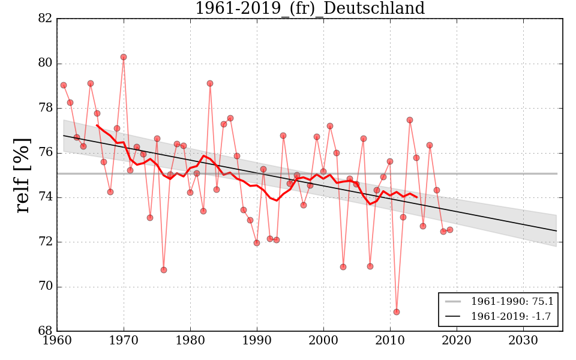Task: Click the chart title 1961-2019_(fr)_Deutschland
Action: click(x=310, y=9)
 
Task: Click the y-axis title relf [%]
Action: click(x=22, y=175)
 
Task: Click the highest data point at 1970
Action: click(x=124, y=57)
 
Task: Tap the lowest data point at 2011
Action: click(x=397, y=312)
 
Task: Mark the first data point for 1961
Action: click(x=64, y=85)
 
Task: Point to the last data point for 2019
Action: click(x=450, y=230)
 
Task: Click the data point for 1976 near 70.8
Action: click(x=164, y=270)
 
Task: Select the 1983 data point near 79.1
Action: click(x=210, y=83)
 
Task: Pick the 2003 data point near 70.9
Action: click(x=343, y=267)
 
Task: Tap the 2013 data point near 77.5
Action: click(x=410, y=120)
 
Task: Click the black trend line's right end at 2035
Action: click(x=556, y=231)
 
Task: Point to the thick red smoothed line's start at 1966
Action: click(x=97, y=125)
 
